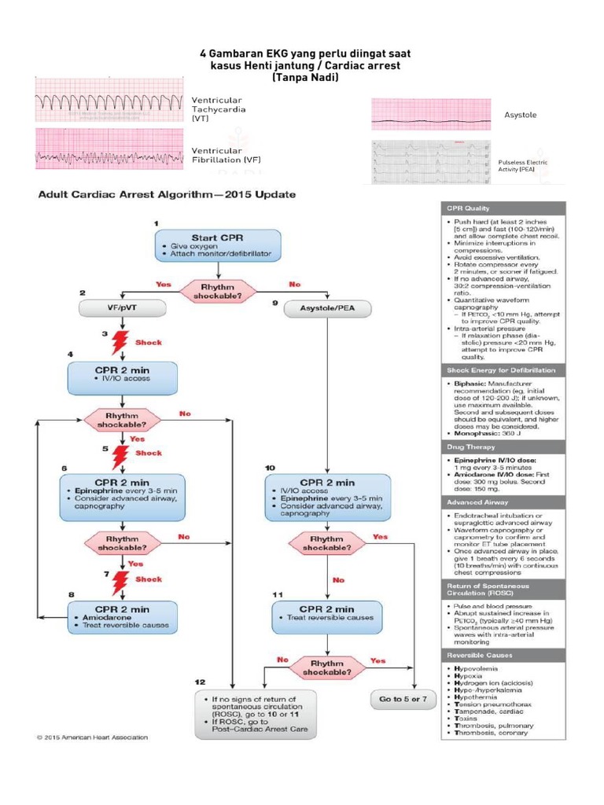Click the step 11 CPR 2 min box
(x=326, y=618)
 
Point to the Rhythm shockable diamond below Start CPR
(x=217, y=289)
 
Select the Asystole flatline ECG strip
(x=431, y=114)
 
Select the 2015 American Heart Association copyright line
(x=91, y=737)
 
